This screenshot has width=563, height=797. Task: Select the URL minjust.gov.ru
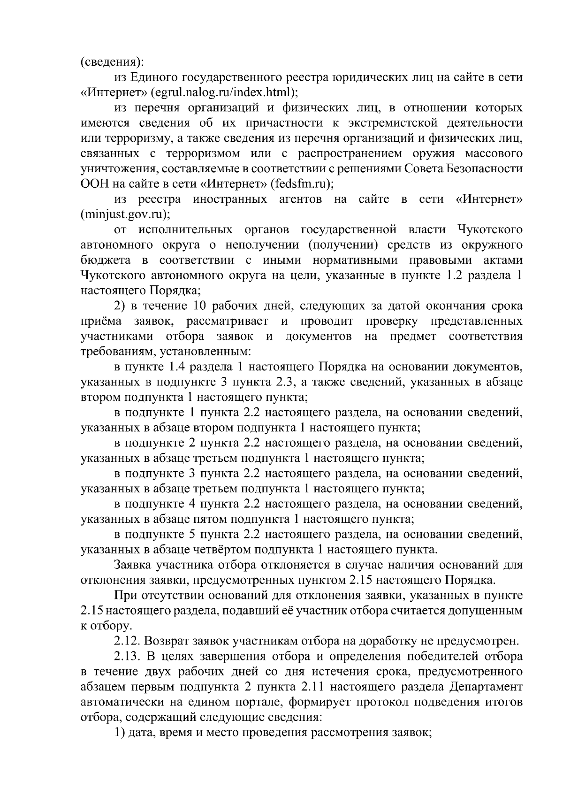pyautogui.click(x=124, y=215)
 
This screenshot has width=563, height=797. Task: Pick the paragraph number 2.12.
pyautogui.click(x=127, y=641)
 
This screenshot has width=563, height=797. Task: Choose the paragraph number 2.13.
pyautogui.click(x=127, y=656)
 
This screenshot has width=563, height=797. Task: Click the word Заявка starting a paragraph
pyautogui.click(x=133, y=565)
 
